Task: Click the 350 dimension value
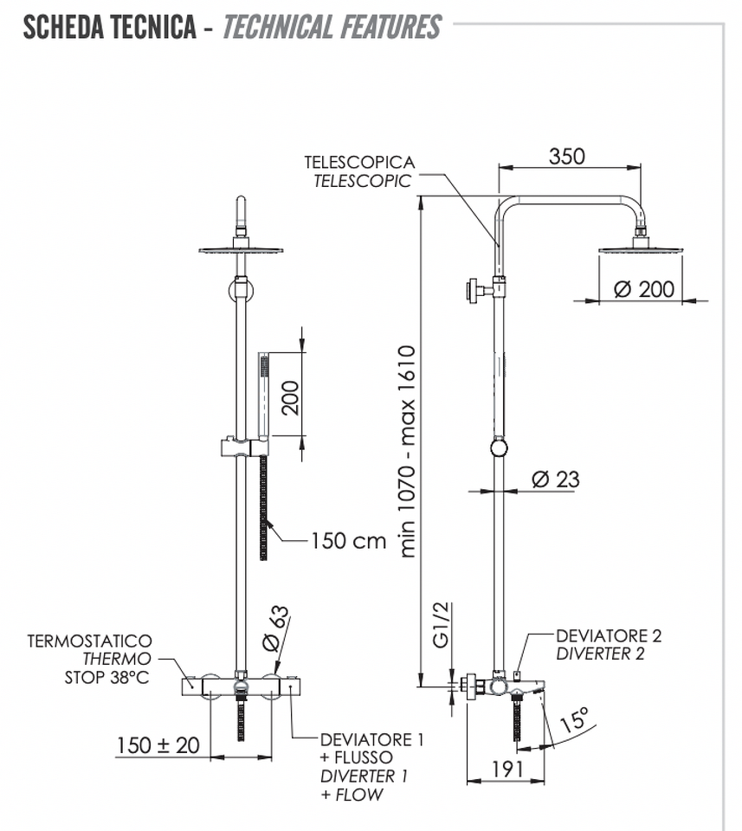click(x=566, y=157)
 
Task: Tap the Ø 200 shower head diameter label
click(x=644, y=289)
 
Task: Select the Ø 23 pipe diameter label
click(x=556, y=479)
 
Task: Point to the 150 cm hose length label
click(x=348, y=540)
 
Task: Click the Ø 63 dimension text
click(x=276, y=628)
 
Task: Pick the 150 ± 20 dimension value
click(x=158, y=745)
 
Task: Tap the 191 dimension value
click(x=507, y=769)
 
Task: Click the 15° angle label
click(x=575, y=719)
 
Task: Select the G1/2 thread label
click(x=441, y=625)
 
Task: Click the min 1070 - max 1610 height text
click(x=407, y=452)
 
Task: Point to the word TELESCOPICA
click(x=359, y=162)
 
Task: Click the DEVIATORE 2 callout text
click(x=609, y=635)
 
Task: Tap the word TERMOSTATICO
click(x=89, y=641)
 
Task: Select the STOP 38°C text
click(x=107, y=677)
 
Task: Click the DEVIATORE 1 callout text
click(x=372, y=739)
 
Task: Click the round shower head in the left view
click(x=242, y=249)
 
